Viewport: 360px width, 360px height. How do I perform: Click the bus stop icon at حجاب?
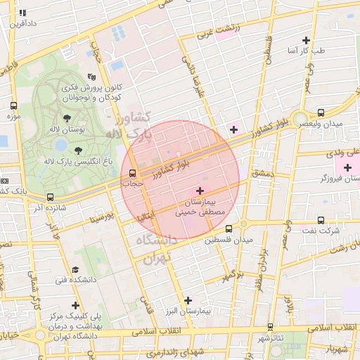pos(131,172)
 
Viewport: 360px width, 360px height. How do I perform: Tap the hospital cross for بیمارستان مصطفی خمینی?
pos(200,191)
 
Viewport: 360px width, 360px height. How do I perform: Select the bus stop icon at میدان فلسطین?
pos(229,229)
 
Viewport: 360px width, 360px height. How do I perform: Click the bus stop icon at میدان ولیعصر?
pos(321,112)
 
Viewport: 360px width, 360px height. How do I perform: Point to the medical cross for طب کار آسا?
pos(306,40)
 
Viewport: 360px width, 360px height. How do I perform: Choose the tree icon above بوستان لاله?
pos(67,118)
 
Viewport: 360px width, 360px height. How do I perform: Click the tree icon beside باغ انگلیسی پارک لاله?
pos(77,150)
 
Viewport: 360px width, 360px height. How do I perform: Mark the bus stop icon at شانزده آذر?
pos(49,198)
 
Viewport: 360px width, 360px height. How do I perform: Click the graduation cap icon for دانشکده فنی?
pos(75,269)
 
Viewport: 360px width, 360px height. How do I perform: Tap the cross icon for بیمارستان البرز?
pos(187,300)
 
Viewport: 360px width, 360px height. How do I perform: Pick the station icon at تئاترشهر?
pos(271,327)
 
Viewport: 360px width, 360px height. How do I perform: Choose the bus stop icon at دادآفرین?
pos(22,13)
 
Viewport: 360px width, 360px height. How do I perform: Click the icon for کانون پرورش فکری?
pos(90,77)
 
